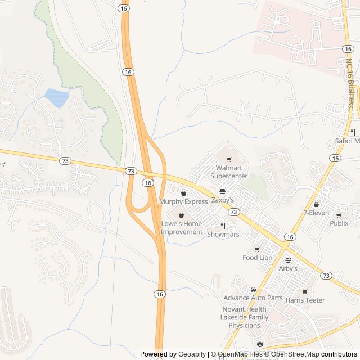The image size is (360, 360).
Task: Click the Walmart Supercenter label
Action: [x=228, y=172]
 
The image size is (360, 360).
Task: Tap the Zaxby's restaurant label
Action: [x=223, y=200]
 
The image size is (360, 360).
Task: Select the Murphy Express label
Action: [x=183, y=201]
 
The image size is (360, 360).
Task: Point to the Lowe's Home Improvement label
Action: [x=182, y=228]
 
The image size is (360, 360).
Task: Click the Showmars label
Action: [x=223, y=234]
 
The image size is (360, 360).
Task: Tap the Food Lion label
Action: [x=258, y=258]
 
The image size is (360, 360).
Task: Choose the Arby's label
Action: [x=288, y=268]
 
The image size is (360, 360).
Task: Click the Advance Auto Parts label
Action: [x=253, y=298]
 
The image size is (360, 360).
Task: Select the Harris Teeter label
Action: [x=305, y=300]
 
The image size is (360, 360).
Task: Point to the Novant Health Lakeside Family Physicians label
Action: [x=244, y=317]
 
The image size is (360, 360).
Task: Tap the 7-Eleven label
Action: [x=316, y=213]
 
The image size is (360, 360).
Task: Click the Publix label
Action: [x=339, y=223]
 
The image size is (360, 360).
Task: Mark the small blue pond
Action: [x=57, y=98]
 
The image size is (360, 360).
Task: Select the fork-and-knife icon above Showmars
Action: [x=223, y=226]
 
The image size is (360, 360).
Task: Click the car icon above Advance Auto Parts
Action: [x=253, y=289]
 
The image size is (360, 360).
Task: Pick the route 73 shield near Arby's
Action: [x=326, y=275]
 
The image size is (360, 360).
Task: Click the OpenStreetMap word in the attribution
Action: [x=295, y=354]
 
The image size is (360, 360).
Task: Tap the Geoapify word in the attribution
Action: [x=192, y=354]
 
